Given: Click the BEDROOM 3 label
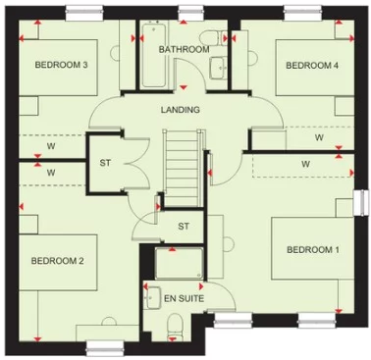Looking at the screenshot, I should [62, 66].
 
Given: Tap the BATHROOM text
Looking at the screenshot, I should [184, 49].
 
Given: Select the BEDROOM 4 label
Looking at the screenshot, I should [312, 66].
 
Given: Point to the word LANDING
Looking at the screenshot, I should [182, 110].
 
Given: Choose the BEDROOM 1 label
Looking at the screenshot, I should [313, 250].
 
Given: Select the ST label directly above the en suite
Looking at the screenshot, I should [183, 227].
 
